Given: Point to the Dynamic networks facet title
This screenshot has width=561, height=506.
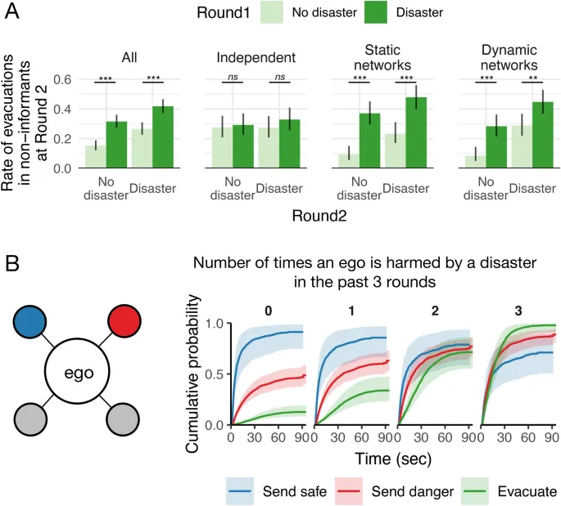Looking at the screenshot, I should point(508,57).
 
